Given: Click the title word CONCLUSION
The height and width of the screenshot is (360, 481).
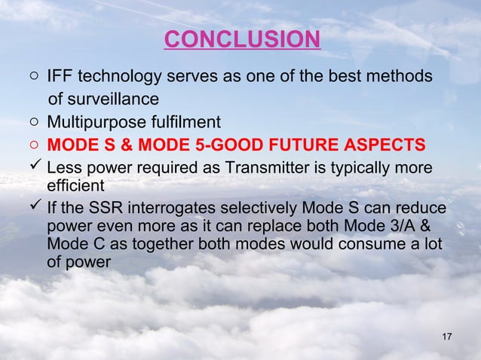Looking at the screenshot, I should (241, 38).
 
